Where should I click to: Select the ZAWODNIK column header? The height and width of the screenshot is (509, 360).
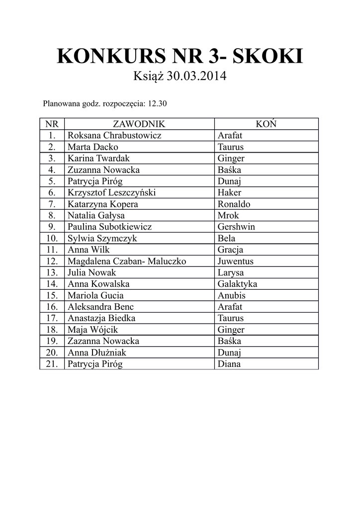[139, 124]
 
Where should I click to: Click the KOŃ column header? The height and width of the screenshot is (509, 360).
[266, 124]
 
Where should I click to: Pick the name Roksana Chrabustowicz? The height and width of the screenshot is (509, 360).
[114, 135]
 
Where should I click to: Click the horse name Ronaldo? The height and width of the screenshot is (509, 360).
[234, 204]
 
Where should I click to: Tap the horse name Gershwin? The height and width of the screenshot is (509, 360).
[236, 227]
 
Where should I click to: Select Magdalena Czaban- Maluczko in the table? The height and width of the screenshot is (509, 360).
[127, 261]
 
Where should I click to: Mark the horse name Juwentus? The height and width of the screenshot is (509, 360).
[235, 261]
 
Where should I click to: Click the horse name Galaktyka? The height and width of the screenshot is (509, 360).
[237, 284]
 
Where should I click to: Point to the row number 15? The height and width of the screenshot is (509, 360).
[52, 295]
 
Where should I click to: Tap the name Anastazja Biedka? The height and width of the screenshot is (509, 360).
[101, 318]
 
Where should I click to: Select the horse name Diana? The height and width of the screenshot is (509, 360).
[229, 364]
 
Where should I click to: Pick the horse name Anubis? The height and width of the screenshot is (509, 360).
[231, 295]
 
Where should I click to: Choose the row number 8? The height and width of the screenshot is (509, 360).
[52, 215]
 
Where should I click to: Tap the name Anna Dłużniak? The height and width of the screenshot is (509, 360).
[97, 352]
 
